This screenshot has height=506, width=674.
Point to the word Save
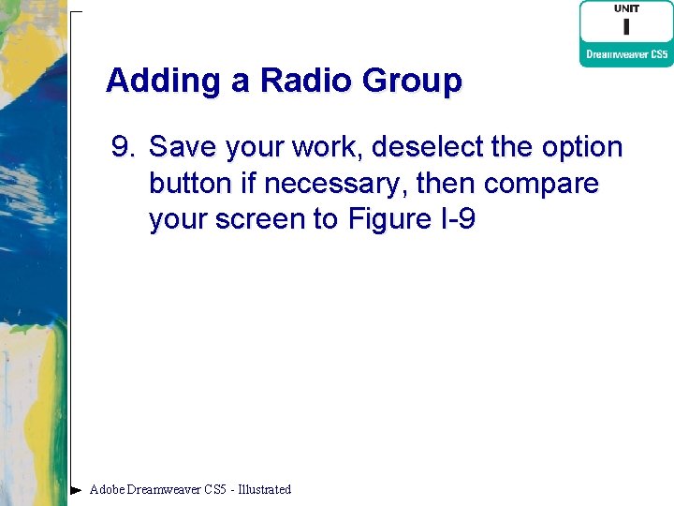(x=181, y=147)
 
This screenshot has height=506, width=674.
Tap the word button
(x=192, y=183)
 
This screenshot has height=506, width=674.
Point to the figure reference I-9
(x=455, y=219)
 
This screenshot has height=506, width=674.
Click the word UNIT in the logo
(x=626, y=8)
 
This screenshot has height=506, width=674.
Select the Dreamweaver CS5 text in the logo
(x=626, y=54)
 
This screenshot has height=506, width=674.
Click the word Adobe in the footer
(x=107, y=489)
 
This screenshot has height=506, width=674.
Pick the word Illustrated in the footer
(x=265, y=489)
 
